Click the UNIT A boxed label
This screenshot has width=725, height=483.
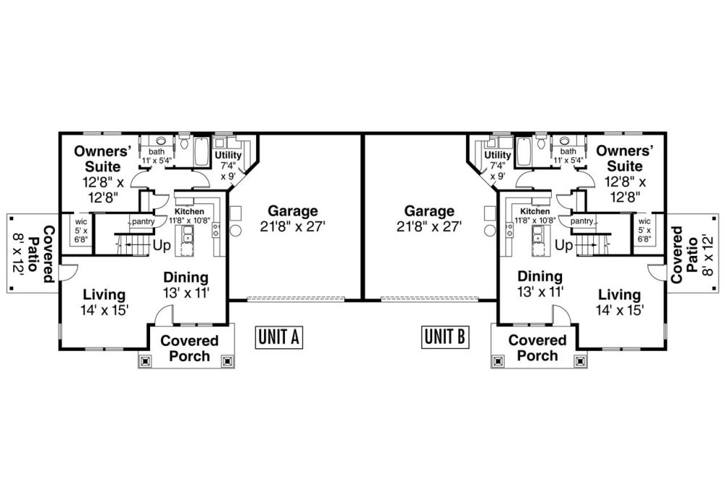pos(279,337)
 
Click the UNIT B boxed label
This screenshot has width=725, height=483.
pos(445,337)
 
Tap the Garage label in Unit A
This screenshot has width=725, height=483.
pos(293,219)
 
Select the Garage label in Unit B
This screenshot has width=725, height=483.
pos(429,219)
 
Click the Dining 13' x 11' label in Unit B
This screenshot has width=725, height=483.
pos(539,284)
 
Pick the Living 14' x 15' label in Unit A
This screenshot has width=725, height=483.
pos(104,302)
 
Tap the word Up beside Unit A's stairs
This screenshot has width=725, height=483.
pos(162,246)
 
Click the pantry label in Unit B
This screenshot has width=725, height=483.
pos(581,221)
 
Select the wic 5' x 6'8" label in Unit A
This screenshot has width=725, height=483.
pos(81,231)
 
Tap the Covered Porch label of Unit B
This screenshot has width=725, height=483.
pos(537,348)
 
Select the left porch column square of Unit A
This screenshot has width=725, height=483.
pos(145,360)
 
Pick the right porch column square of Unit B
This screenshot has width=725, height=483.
pos(580,360)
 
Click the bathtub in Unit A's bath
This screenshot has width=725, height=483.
pos(202,152)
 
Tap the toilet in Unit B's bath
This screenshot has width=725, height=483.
pos(542,141)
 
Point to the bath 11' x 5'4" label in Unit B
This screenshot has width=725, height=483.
pos(568,156)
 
